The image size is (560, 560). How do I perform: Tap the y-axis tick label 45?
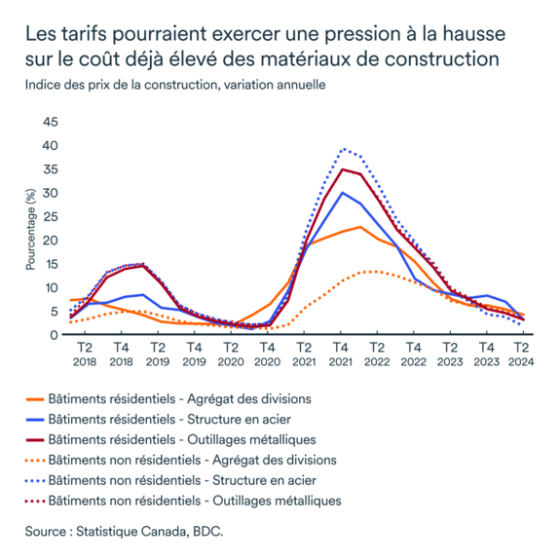(51, 122)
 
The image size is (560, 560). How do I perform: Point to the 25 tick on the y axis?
(51, 216)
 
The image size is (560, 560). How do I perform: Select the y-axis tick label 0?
(56, 335)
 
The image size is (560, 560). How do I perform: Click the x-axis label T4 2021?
(340, 352)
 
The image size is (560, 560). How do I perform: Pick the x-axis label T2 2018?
(84, 352)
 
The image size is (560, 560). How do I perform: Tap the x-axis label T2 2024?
(522, 352)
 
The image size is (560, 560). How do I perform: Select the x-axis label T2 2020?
(230, 352)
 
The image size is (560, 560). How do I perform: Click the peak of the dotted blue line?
(343, 149)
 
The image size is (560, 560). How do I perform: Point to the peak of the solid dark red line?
(341, 169)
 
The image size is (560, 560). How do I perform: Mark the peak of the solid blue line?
(341, 193)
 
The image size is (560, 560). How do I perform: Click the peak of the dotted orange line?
(366, 272)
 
